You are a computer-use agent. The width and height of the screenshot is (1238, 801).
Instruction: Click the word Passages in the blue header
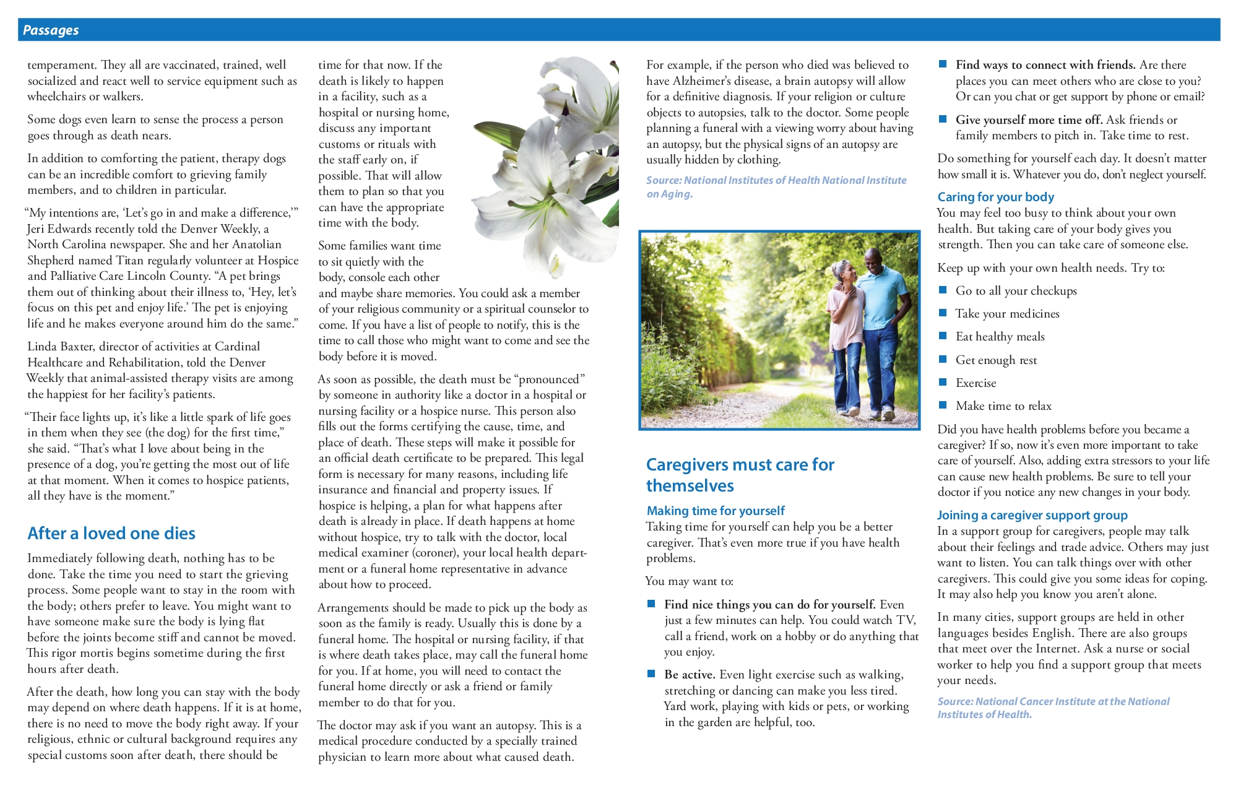(x=51, y=30)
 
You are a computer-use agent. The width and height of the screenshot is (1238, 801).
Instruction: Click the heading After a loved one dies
(x=111, y=534)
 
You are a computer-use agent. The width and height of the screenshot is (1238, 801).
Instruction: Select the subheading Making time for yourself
(x=716, y=511)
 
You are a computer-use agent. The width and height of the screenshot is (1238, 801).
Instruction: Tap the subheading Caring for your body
(x=995, y=197)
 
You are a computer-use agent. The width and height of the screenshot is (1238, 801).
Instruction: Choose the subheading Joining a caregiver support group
(x=1032, y=515)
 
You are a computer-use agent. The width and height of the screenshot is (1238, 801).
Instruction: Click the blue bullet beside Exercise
(x=943, y=382)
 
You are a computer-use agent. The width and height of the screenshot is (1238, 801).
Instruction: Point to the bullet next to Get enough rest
(x=943, y=359)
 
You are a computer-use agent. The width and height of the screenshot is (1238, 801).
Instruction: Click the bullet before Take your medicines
(x=943, y=313)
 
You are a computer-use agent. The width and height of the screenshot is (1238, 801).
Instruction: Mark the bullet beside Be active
(x=651, y=673)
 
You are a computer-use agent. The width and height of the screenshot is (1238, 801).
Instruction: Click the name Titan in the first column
(x=131, y=261)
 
